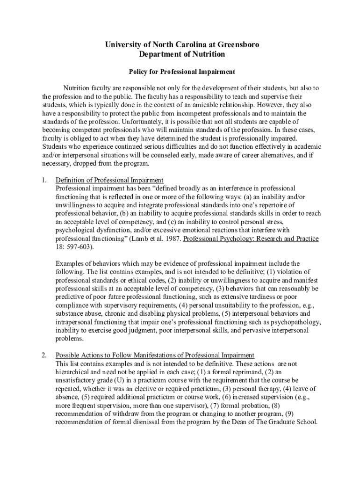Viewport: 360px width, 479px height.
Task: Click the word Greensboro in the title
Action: pos(235,45)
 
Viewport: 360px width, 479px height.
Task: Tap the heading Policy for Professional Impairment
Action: pos(182,72)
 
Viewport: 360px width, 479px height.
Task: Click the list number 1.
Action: pos(43,180)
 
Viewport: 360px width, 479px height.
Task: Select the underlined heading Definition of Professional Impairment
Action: pos(109,180)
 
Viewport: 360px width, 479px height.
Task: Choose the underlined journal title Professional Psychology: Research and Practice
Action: pos(251,239)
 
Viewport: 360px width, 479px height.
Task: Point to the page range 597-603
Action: pos(79,247)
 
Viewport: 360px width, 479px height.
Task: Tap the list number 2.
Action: pos(43,355)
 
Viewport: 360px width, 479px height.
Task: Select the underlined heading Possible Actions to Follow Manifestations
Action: pos(155,355)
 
